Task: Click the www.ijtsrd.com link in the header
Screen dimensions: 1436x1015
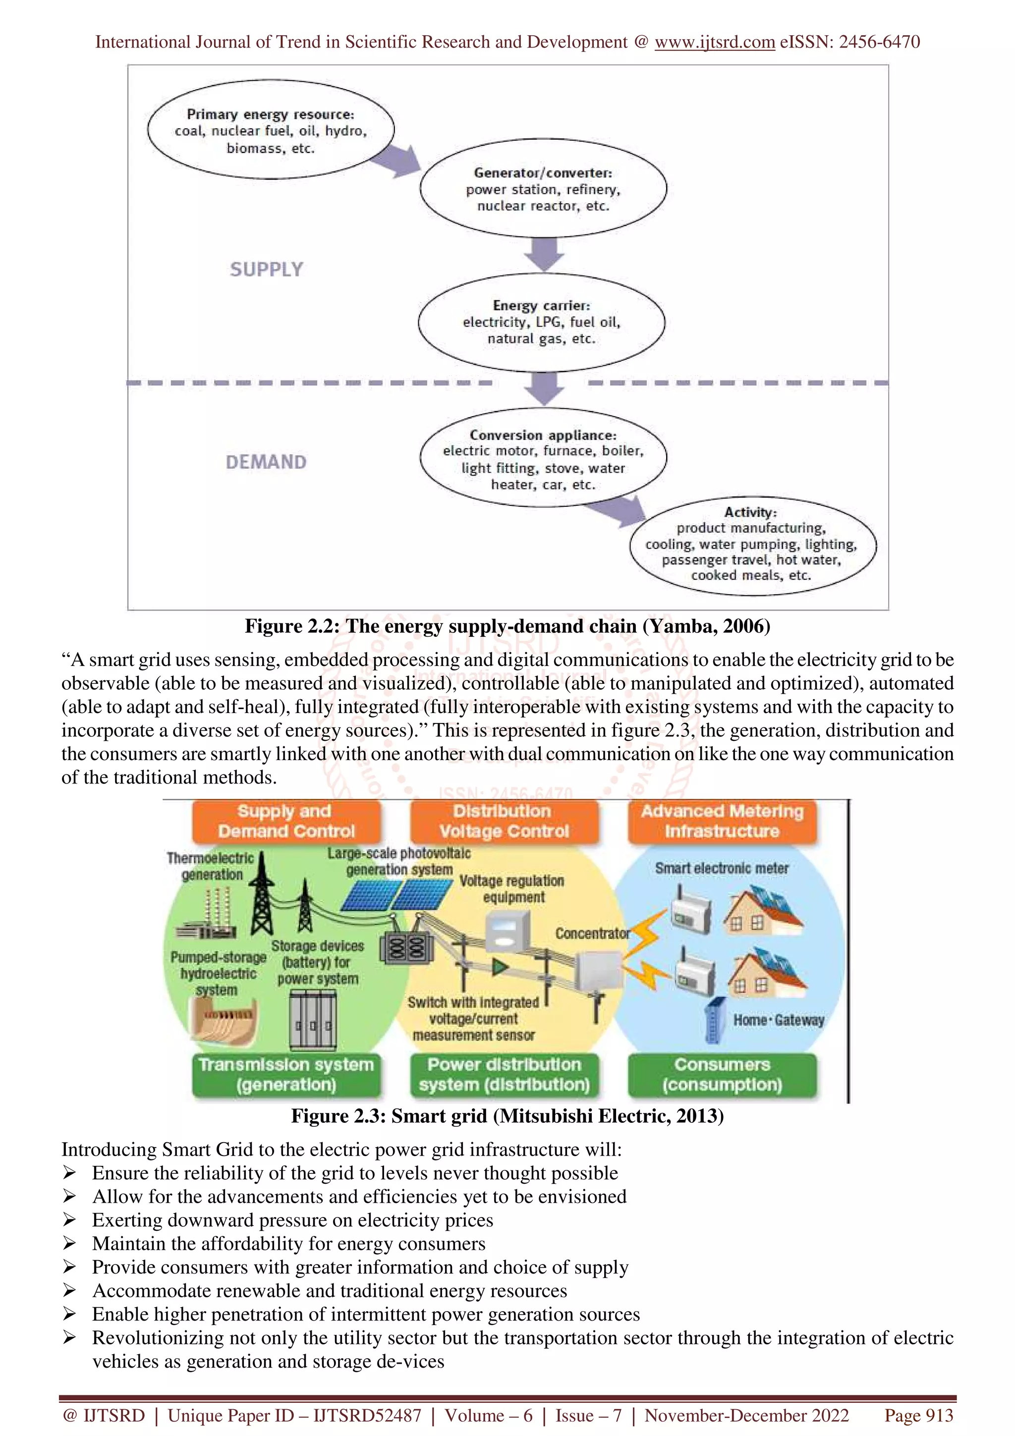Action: (x=714, y=42)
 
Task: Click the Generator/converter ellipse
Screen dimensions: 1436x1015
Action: (x=543, y=188)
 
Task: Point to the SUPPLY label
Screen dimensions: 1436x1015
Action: (x=267, y=270)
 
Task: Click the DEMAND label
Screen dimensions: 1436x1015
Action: (x=267, y=462)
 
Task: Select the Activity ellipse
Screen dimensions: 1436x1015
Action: (x=752, y=545)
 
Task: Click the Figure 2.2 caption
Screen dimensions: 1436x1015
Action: (x=507, y=626)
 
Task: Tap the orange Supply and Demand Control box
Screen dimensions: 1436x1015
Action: (x=286, y=821)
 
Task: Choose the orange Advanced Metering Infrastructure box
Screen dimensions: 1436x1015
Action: (x=722, y=821)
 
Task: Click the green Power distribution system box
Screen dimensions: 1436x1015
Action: (x=504, y=1074)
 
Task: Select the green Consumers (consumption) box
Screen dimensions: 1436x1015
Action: (x=722, y=1074)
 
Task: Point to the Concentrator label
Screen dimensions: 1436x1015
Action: (x=592, y=934)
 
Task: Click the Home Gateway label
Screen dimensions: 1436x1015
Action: (x=778, y=1020)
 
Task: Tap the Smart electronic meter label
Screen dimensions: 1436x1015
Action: (x=721, y=868)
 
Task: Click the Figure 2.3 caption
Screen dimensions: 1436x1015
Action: (x=507, y=1116)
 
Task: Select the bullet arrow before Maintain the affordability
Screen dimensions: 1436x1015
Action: (x=69, y=1243)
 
